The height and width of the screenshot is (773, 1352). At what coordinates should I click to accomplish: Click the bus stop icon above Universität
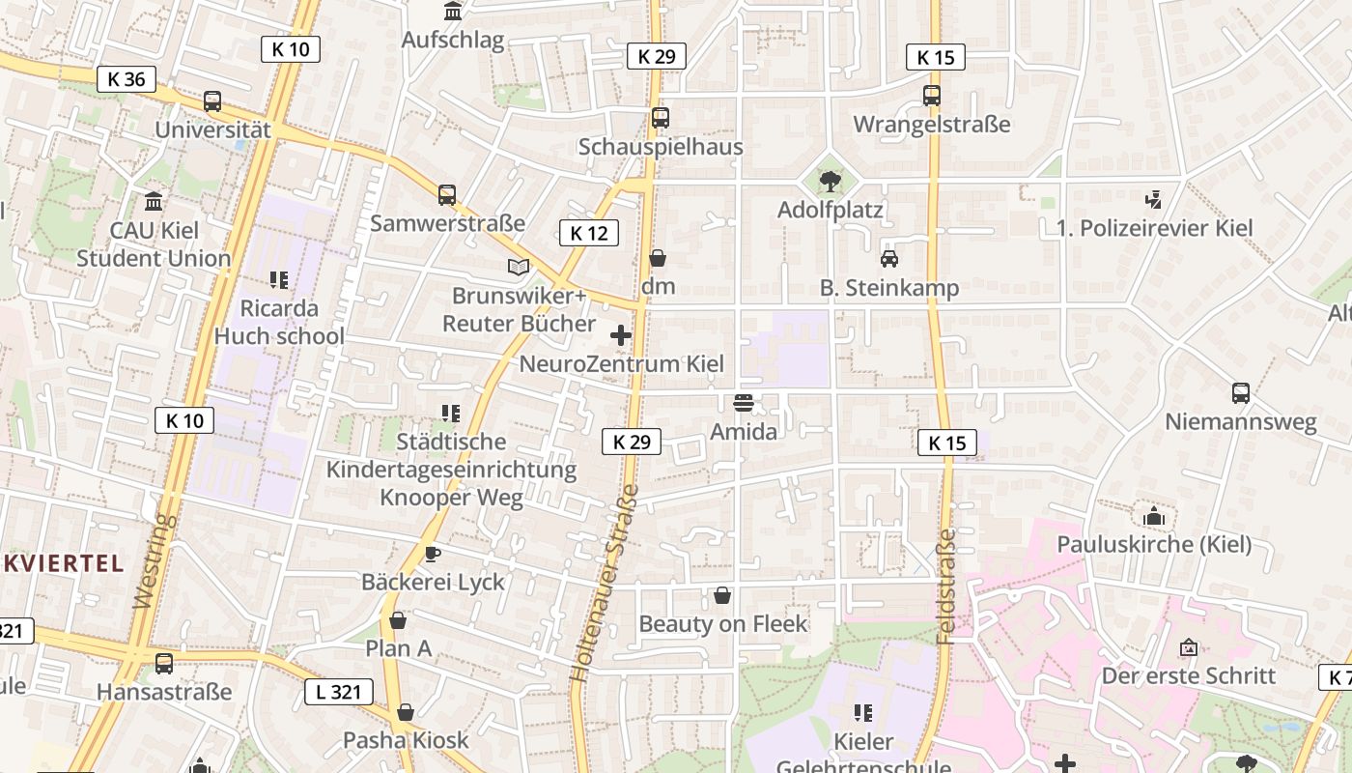pyautogui.click(x=211, y=101)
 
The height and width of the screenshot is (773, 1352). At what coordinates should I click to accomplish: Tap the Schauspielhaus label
pyautogui.click(x=661, y=147)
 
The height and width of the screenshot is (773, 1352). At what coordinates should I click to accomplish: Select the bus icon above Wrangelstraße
pyautogui.click(x=932, y=96)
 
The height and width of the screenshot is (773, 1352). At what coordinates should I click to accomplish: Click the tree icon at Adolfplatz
pyautogui.click(x=830, y=181)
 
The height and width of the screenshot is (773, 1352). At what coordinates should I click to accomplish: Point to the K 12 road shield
pyautogui.click(x=588, y=233)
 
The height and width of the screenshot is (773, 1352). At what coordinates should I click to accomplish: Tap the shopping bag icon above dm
pyautogui.click(x=658, y=258)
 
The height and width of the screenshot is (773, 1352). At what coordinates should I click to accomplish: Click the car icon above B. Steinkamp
pyautogui.click(x=888, y=259)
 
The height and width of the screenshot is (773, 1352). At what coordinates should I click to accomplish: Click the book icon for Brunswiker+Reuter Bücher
pyautogui.click(x=519, y=267)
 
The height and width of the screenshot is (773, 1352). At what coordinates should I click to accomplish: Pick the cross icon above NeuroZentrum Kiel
pyautogui.click(x=621, y=335)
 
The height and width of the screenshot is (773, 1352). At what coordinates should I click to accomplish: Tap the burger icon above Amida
pyautogui.click(x=743, y=402)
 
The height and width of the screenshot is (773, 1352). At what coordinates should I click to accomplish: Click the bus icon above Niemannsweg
pyautogui.click(x=1241, y=393)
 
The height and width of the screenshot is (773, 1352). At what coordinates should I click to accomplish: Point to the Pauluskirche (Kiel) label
pyautogui.click(x=1154, y=544)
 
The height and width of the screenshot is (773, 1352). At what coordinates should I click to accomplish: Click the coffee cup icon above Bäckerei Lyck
pyautogui.click(x=432, y=554)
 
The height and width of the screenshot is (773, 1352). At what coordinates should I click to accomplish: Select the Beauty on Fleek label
pyautogui.click(x=722, y=624)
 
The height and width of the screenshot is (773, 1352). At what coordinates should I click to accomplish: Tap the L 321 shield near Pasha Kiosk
pyautogui.click(x=338, y=692)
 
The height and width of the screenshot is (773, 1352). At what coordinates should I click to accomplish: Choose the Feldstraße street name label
pyautogui.click(x=946, y=586)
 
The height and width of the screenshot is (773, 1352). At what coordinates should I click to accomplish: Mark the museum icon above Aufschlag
pyautogui.click(x=452, y=12)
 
